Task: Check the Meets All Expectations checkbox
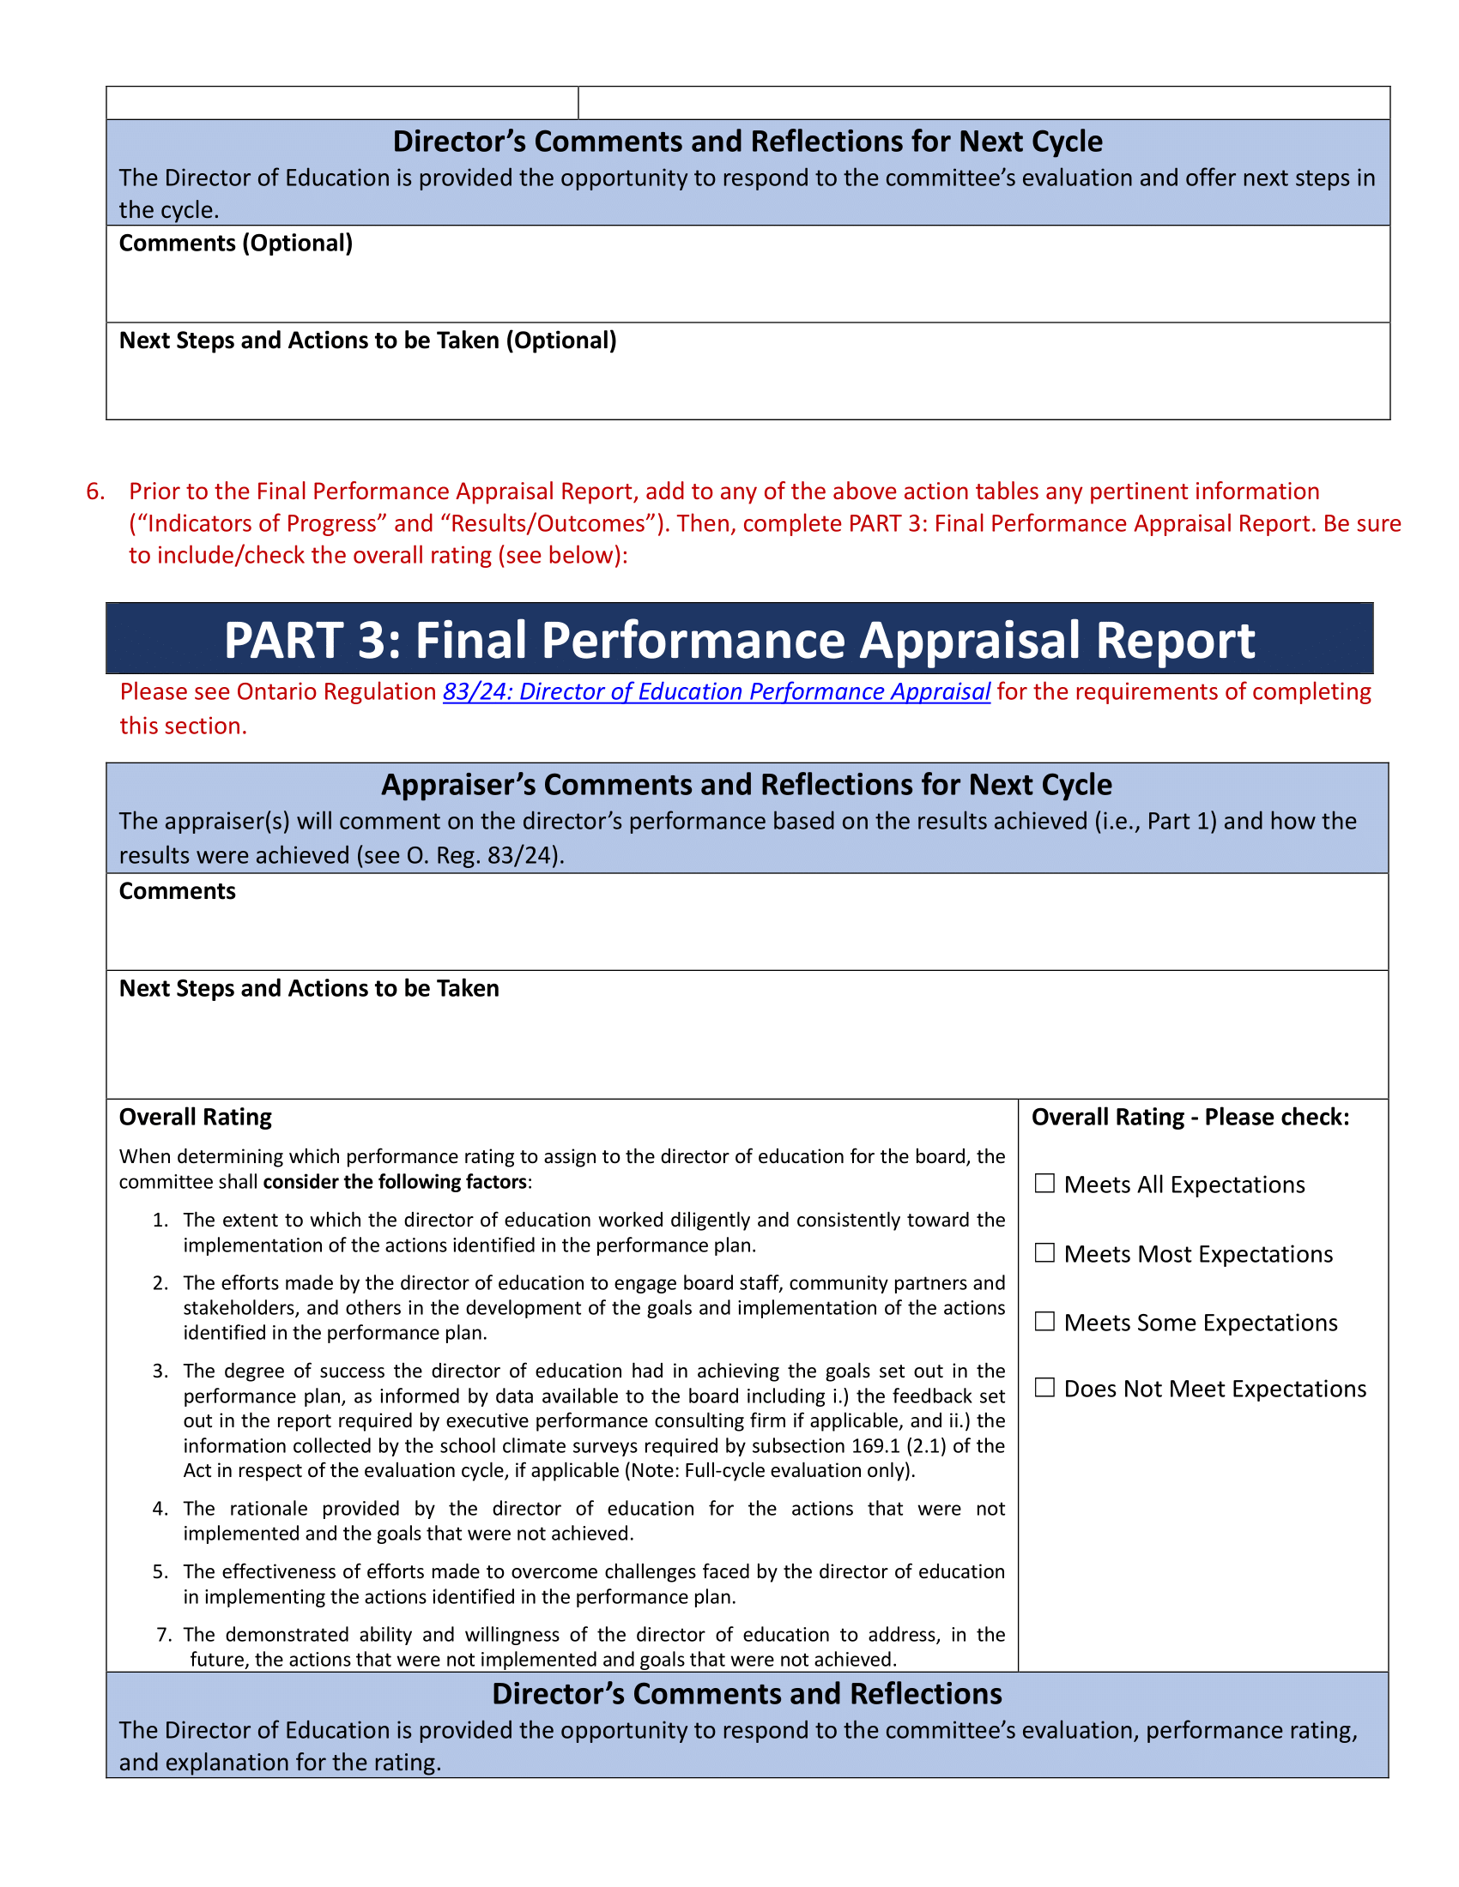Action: pos(1044,1184)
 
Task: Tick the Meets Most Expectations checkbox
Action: pos(1044,1253)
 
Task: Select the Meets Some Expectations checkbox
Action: pos(1044,1321)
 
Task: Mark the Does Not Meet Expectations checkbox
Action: pos(1044,1388)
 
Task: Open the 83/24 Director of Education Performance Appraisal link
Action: pos(716,692)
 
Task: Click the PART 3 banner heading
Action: pos(738,640)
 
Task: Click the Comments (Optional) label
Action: pos(235,244)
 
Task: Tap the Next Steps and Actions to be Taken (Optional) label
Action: pos(367,341)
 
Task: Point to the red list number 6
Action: pos(95,491)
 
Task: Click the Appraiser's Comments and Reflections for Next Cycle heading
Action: pos(746,785)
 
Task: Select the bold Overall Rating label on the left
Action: pos(196,1117)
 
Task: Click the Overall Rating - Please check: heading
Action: pos(1190,1117)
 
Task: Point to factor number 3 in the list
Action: pos(160,1372)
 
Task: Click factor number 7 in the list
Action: pos(164,1635)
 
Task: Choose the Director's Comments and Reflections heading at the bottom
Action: pos(746,1693)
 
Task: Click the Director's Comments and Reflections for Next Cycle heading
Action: pos(747,142)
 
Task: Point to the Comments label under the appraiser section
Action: pos(177,892)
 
